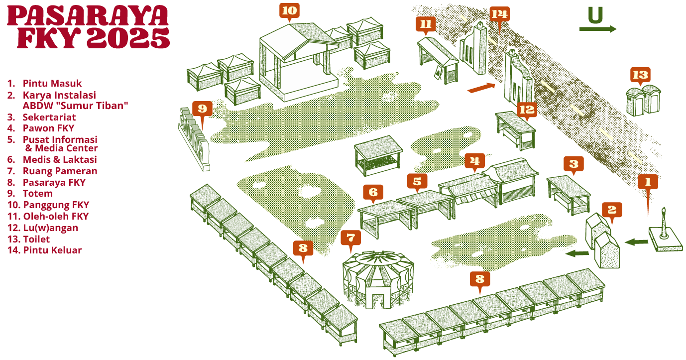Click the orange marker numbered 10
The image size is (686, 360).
pyautogui.click(x=290, y=10)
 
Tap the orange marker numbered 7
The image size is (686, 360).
pyautogui.click(x=350, y=238)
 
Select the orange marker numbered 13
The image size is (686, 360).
pyautogui.click(x=640, y=75)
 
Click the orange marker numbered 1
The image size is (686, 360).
pyautogui.click(x=648, y=182)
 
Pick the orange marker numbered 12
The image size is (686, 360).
pyautogui.click(x=526, y=110)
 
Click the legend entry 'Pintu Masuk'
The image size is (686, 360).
pyautogui.click(x=52, y=83)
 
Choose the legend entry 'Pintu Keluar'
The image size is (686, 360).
pyautogui.click(x=52, y=250)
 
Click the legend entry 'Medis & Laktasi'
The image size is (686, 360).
pyautogui.click(x=59, y=159)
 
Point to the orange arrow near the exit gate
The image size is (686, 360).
pyautogui.click(x=481, y=88)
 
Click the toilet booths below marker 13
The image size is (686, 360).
pyautogui.click(x=644, y=99)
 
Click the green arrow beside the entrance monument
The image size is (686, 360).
pyautogui.click(x=636, y=242)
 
